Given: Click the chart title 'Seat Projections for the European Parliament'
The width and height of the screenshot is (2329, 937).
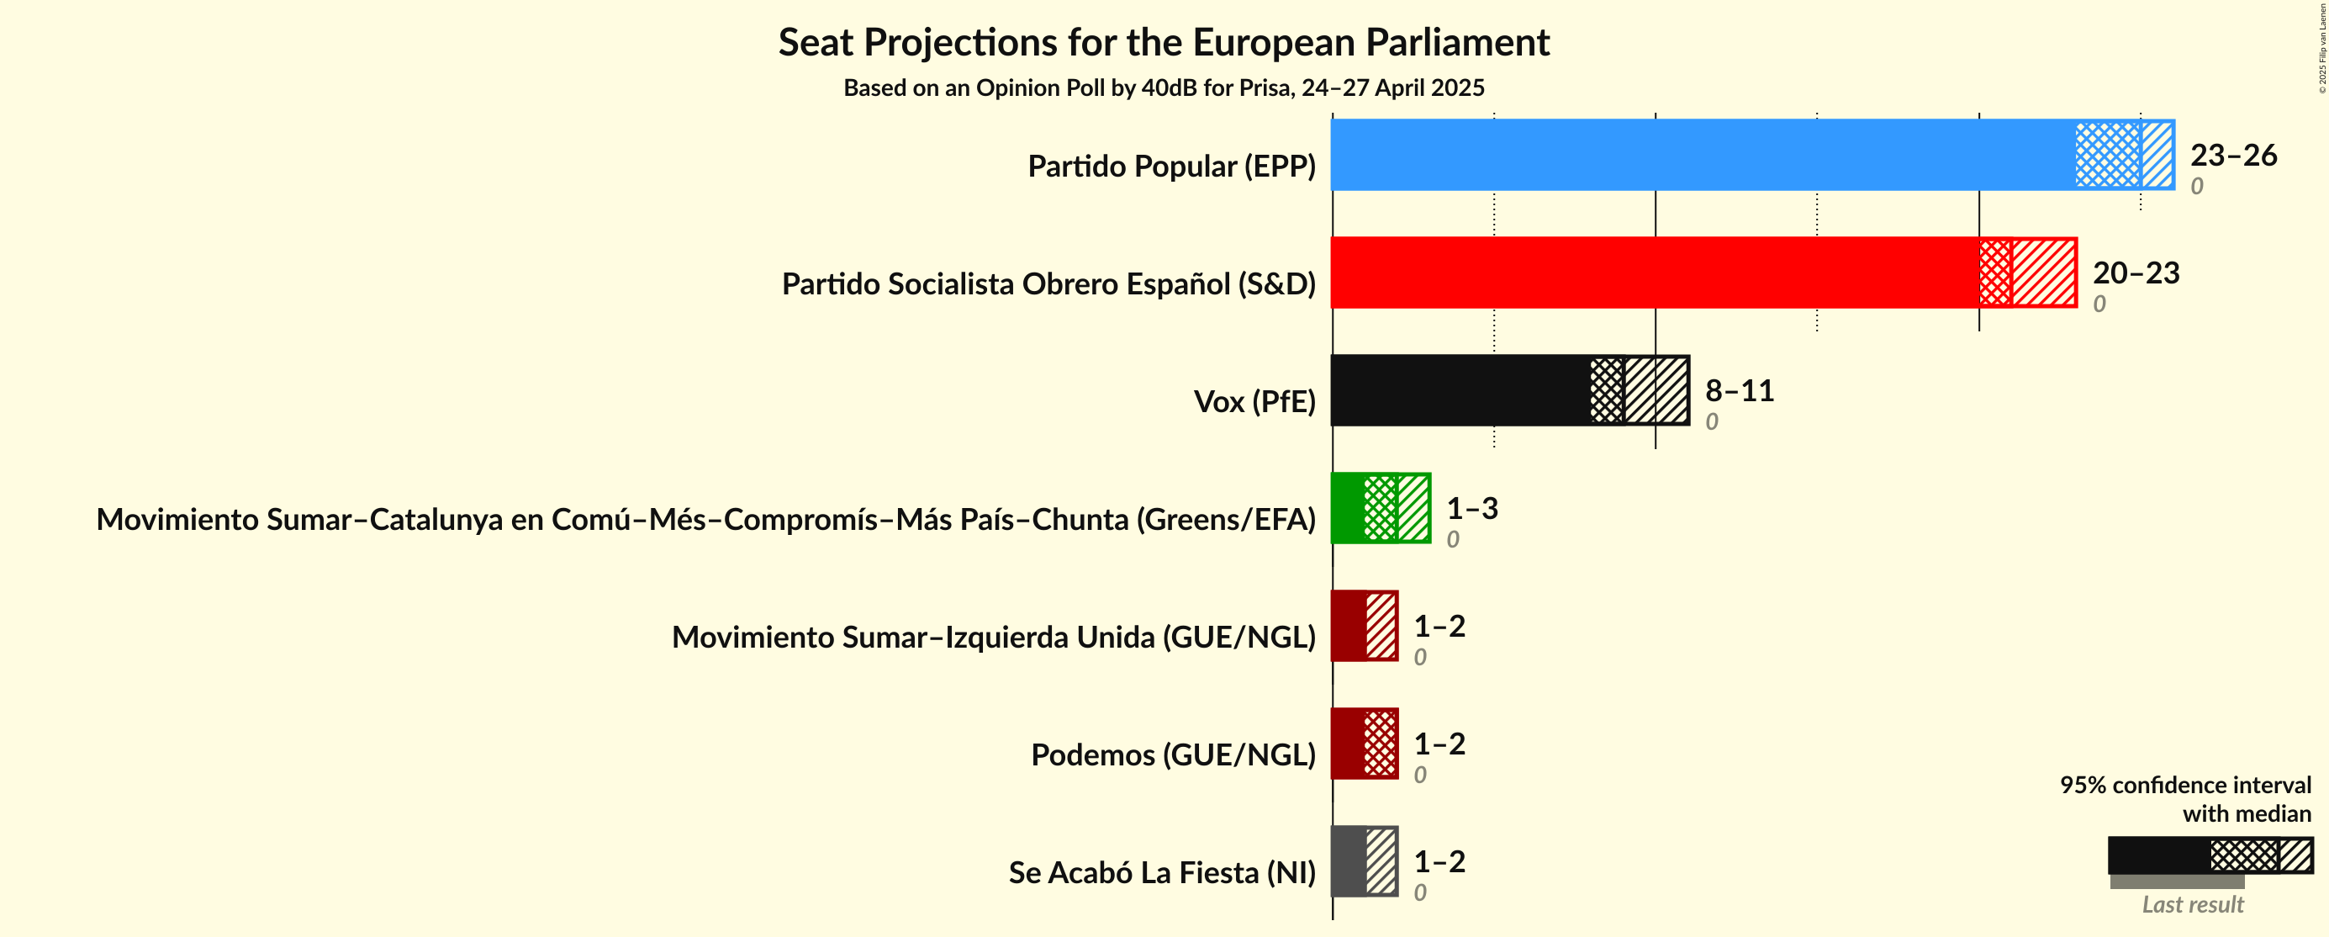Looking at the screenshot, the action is click(1164, 43).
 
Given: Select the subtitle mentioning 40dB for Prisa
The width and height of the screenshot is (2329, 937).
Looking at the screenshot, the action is click(1164, 87).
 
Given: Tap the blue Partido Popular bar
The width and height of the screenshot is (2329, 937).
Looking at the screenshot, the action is click(1752, 155).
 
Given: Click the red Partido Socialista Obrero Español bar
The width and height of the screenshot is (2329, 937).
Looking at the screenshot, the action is click(1703, 273).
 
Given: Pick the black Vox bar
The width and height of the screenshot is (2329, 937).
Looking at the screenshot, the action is click(1510, 389).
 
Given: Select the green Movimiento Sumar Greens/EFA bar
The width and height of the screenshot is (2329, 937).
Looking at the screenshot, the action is click(1381, 507).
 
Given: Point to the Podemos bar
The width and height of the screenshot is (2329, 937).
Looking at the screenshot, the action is click(1365, 744).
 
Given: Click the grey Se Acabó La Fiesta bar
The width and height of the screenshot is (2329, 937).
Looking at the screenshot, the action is click(1365, 861).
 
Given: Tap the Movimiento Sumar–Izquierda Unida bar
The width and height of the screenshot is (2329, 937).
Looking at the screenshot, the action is click(1365, 626).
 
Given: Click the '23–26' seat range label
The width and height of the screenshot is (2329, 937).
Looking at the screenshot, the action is click(2233, 155).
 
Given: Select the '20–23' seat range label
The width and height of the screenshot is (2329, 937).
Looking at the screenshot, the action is click(2136, 273).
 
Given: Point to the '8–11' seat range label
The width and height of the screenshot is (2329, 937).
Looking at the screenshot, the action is click(1740, 389).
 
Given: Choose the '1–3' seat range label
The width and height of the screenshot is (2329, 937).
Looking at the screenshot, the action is click(1472, 507).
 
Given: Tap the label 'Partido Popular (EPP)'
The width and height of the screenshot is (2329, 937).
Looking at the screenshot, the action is click(1172, 167).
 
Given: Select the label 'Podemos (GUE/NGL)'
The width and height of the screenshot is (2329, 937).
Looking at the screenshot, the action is click(1174, 754).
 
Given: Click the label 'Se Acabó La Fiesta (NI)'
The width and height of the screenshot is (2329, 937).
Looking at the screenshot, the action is click(1162, 873).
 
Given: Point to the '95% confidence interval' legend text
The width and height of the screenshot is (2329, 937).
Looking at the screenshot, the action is click(2185, 784).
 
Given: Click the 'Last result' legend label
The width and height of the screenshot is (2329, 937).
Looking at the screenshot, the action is click(2193, 904).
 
